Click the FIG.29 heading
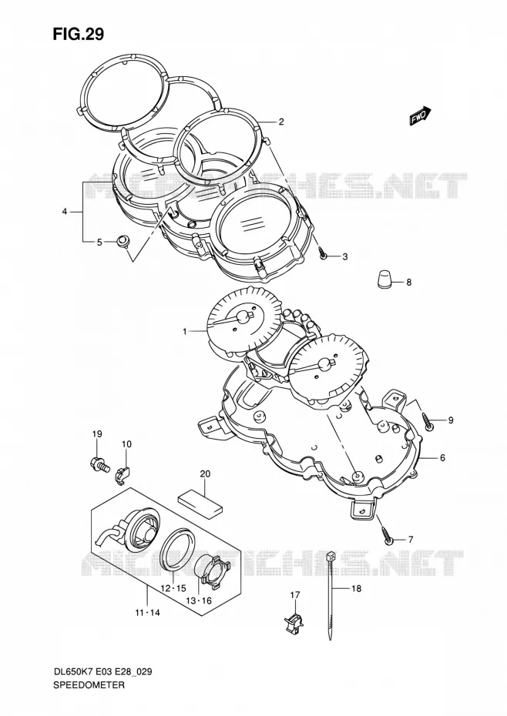(x=78, y=34)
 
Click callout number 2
(x=281, y=122)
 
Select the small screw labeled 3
(x=323, y=253)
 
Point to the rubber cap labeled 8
(x=385, y=279)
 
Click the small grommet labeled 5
(x=122, y=241)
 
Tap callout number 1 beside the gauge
(x=185, y=332)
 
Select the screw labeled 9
(x=429, y=420)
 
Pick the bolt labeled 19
(x=100, y=465)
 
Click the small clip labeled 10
(x=122, y=471)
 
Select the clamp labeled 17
(x=294, y=623)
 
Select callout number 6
(x=442, y=457)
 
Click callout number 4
(x=65, y=212)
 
